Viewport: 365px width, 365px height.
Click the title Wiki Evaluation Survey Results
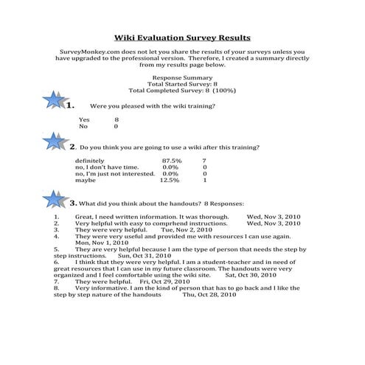[182, 36]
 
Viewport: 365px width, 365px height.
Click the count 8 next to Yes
[116, 119]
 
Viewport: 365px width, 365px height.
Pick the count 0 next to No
[116, 126]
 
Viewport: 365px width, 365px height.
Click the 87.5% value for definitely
[171, 160]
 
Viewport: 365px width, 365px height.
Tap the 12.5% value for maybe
[170, 179]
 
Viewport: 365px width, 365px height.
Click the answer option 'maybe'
[86, 179]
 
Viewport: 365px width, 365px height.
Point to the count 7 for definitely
[204, 160]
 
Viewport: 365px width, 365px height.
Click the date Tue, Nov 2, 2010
[187, 229]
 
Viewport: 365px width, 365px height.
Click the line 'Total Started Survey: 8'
[181, 83]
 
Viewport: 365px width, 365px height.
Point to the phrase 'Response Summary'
[181, 77]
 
